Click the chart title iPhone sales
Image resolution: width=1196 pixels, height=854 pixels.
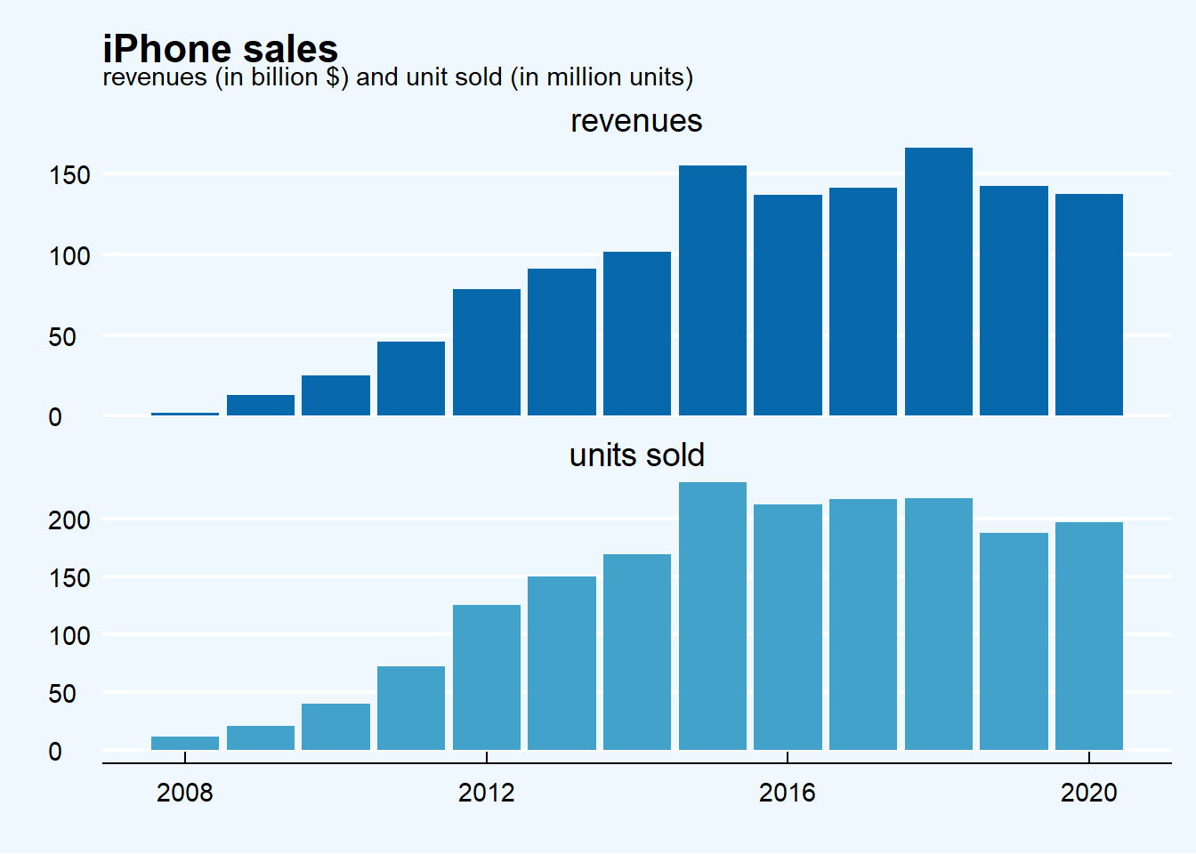[220, 48]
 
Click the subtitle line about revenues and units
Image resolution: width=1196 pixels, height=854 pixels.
[398, 77]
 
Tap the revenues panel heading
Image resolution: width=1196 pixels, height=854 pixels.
[636, 121]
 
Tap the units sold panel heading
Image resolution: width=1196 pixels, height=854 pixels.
[636, 455]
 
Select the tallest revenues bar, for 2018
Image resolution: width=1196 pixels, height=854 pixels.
[939, 281]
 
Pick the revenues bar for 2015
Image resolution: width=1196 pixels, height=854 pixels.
[713, 290]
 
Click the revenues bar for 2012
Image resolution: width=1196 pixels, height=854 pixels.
[487, 352]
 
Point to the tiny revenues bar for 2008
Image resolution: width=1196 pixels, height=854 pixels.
[185, 414]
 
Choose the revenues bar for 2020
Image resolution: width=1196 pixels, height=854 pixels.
[1089, 304]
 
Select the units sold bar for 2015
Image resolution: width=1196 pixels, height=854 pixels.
[713, 616]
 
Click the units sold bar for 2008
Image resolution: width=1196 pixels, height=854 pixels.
[185, 743]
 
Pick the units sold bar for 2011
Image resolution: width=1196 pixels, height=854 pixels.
[411, 708]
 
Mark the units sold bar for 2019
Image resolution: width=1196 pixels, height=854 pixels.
[1014, 641]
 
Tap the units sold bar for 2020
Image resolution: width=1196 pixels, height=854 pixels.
[1089, 636]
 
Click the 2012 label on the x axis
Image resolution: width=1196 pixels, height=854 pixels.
[487, 793]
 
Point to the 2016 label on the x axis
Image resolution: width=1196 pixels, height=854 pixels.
[788, 793]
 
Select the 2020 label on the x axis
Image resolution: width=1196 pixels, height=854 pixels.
[1089, 793]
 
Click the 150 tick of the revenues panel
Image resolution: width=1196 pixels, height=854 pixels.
[69, 175]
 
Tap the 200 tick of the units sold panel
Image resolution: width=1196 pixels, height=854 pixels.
[69, 520]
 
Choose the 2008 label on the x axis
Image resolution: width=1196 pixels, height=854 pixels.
[185, 793]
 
